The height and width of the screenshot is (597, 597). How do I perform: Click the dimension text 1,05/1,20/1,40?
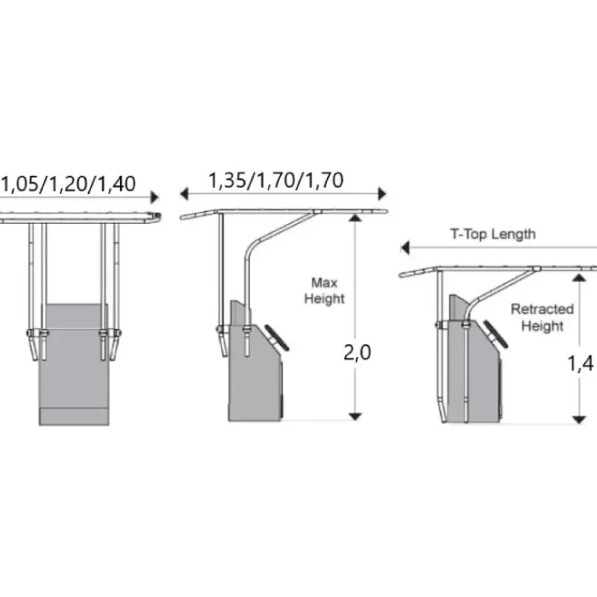point(69,184)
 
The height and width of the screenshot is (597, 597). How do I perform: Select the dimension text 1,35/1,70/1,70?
point(276,181)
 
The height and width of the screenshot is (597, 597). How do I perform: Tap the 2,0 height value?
point(357,353)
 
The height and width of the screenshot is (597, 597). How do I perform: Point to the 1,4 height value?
point(581,363)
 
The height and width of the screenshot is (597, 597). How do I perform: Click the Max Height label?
point(325,291)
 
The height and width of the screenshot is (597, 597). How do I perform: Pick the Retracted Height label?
point(543,318)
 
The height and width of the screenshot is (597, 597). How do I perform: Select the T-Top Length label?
point(493,234)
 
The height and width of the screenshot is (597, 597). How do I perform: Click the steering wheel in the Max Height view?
point(277,338)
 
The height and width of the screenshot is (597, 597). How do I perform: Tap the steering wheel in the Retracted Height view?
point(496,334)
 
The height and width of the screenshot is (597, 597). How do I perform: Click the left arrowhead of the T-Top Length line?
point(405,248)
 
